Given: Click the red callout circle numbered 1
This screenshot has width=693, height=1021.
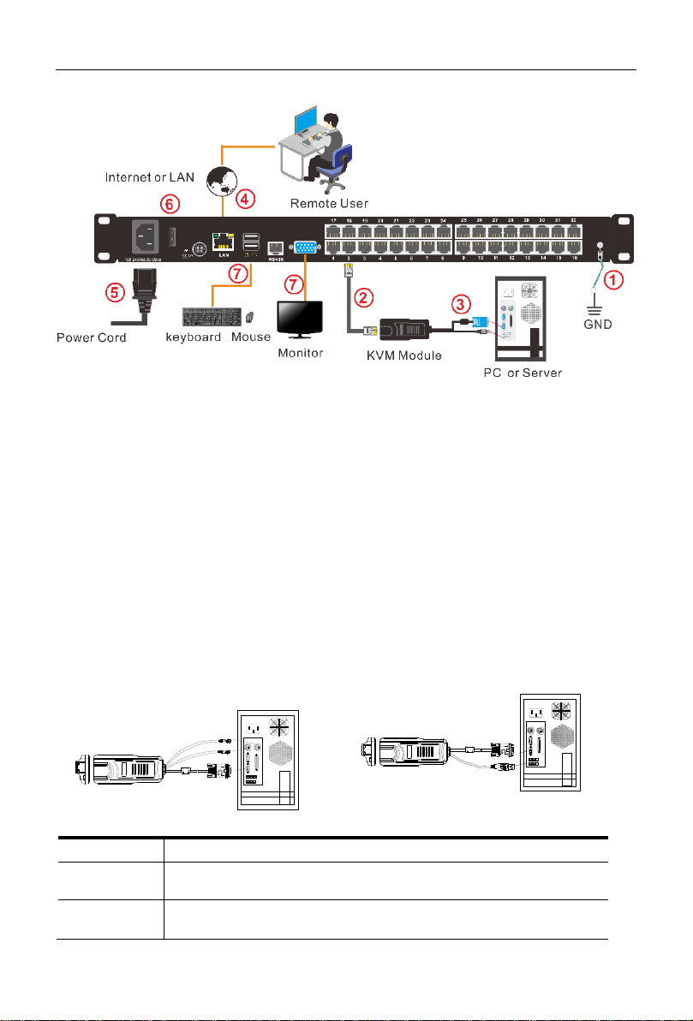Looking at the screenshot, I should click(611, 278).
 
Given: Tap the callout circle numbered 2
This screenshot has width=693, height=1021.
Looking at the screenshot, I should click(365, 297).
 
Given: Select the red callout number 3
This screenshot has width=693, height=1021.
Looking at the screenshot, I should click(461, 303).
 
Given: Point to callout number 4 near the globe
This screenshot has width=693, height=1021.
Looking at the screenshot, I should click(245, 200).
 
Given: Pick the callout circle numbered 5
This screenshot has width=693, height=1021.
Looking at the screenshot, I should click(115, 290).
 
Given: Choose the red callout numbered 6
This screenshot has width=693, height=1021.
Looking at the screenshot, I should click(169, 203).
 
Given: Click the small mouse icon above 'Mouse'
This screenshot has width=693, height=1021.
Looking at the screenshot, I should click(249, 317).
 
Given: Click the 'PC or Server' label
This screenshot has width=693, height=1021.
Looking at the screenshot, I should click(517, 375).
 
